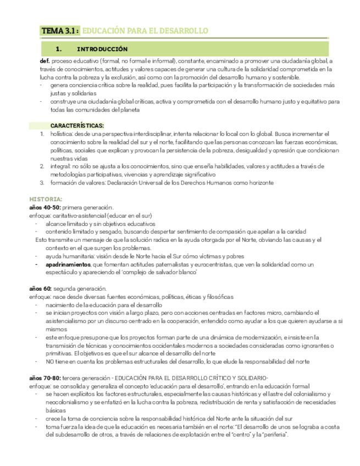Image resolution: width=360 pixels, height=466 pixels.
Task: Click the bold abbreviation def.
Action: click(x=45, y=62)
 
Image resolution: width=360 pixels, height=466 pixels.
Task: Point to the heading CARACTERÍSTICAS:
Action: click(x=73, y=126)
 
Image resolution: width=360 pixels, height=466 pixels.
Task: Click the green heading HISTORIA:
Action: click(x=46, y=198)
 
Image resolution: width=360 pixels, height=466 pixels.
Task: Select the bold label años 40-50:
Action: click(x=45, y=207)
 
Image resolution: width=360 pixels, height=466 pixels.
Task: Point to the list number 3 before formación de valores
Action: click(x=42, y=182)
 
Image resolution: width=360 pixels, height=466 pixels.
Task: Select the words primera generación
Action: click(x=88, y=207)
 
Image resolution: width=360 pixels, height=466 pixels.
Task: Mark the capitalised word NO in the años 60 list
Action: click(x=50, y=362)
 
